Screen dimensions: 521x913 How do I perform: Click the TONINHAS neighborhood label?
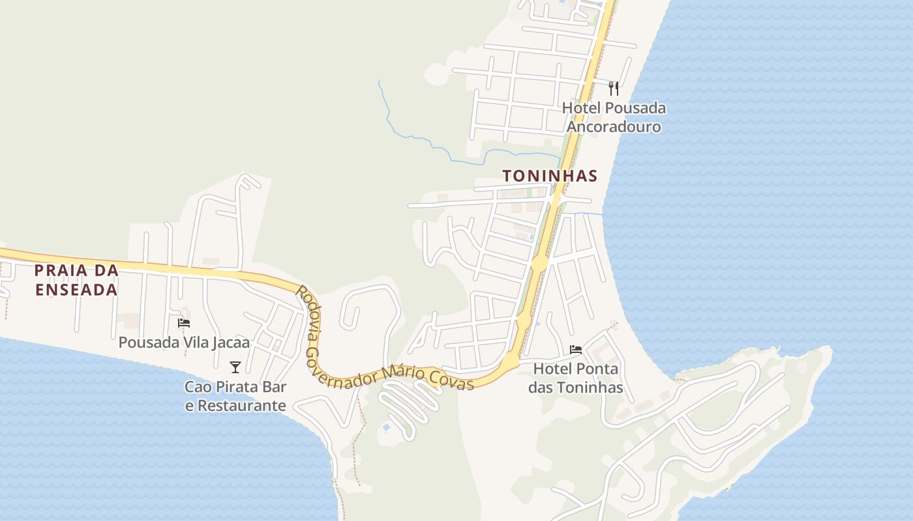550,176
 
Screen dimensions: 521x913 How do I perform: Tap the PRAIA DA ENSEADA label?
76,280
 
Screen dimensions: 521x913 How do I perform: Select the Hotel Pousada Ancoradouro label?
614,117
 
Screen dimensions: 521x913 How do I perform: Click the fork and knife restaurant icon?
614,89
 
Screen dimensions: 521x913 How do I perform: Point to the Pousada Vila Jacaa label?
184,342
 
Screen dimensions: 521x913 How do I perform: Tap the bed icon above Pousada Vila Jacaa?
184,323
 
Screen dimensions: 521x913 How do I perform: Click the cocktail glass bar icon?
235,367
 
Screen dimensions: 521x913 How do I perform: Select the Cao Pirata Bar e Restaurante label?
235,396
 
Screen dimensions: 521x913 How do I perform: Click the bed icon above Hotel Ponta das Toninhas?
576,350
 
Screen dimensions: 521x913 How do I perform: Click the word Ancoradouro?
614,126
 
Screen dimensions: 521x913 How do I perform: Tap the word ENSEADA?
76,290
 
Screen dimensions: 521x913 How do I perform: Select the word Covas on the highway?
455,380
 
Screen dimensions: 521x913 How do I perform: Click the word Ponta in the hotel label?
597,369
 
